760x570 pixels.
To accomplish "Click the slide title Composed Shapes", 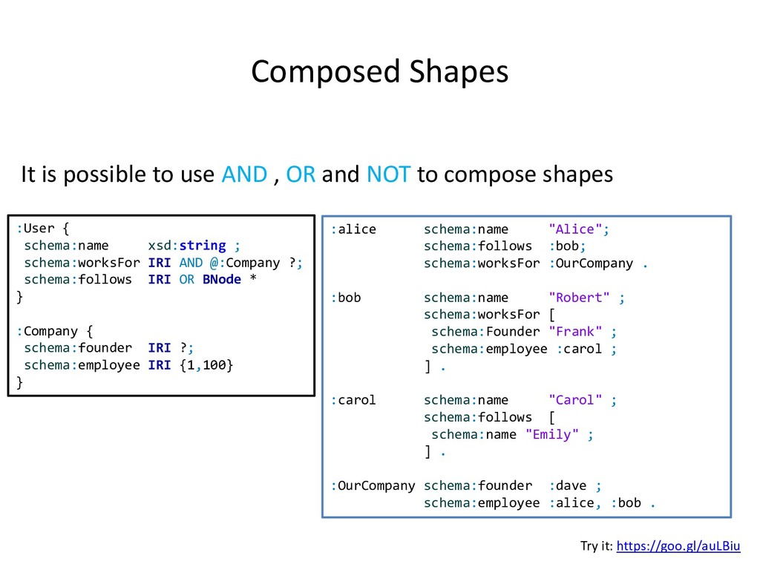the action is [379, 72].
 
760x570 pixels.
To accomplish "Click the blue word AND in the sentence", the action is [244, 174].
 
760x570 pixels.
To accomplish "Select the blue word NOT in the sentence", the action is [388, 174].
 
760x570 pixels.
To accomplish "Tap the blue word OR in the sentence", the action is [301, 174].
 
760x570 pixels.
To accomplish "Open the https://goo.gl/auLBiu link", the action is [678, 546].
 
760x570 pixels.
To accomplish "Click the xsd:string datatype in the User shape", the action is [187, 246].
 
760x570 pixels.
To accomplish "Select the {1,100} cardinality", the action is [206, 365].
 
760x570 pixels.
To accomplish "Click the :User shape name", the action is [36, 229].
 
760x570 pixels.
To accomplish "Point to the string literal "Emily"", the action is [552, 434].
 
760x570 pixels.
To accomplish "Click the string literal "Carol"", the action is [576, 400].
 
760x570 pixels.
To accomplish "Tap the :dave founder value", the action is [568, 485].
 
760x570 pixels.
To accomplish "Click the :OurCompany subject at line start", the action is [373, 485].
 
